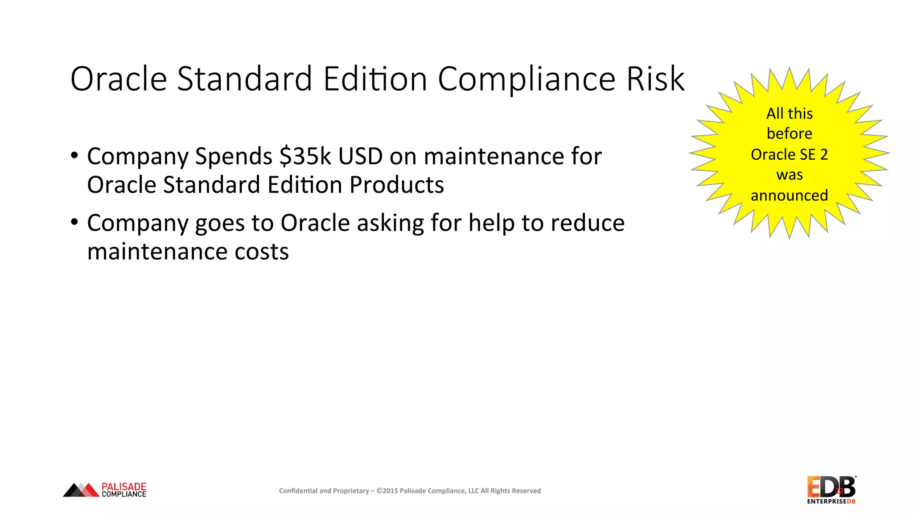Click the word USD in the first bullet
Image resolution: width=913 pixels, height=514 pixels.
click(360, 157)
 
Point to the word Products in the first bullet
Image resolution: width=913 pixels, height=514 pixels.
click(397, 185)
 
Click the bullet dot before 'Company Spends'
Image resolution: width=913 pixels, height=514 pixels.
click(74, 156)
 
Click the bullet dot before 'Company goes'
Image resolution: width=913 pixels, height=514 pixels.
click(74, 222)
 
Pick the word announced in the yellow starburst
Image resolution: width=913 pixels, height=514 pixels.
click(789, 195)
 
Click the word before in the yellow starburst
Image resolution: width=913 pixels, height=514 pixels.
click(789, 133)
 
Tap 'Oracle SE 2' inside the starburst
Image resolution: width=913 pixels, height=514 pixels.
click(789, 154)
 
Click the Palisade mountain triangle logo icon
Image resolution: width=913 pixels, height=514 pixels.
click(81, 490)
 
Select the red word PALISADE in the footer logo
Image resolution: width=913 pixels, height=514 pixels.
click(124, 486)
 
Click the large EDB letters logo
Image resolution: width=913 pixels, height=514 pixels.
click(831, 487)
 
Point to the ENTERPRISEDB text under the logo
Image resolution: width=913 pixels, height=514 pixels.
click(831, 502)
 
